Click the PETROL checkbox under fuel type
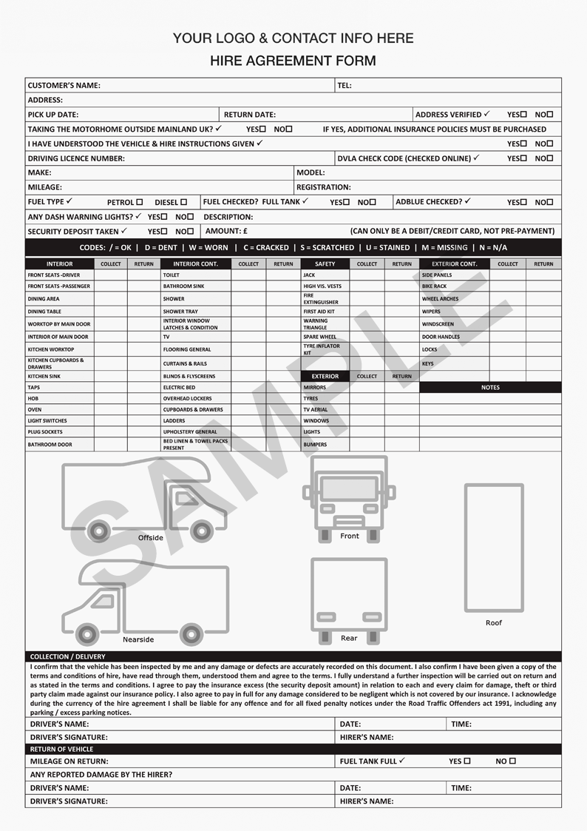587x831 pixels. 139,202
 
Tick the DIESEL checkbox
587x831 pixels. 183,202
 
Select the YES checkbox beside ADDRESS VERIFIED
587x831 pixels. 523,115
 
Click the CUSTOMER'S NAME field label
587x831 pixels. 64,85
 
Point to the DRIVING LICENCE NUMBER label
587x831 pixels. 76,158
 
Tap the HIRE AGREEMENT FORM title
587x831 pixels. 293,61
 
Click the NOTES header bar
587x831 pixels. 490,387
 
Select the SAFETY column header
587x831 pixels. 325,263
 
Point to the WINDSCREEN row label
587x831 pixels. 438,324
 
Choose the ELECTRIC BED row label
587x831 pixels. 179,387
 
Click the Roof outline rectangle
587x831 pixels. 494,548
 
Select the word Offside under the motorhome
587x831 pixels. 151,538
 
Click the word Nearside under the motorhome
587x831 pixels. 138,639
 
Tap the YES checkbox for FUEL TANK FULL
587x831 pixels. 466,761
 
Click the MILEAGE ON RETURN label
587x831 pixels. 69,761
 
